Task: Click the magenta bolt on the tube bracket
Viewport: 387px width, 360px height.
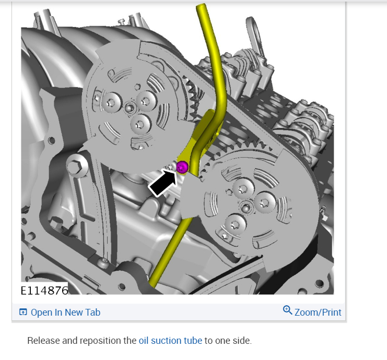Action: [x=182, y=167]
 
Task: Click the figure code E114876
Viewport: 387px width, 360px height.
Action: [x=44, y=290]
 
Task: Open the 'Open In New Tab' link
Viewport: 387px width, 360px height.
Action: [x=65, y=313]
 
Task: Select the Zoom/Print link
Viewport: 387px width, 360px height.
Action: [x=318, y=313]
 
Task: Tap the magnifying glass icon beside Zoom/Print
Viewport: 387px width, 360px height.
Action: [x=288, y=310]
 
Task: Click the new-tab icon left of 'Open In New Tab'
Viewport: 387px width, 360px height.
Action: [x=23, y=312]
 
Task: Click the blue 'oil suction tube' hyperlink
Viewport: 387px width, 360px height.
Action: [x=170, y=341]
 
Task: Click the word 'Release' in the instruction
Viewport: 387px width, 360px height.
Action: [x=43, y=341]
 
